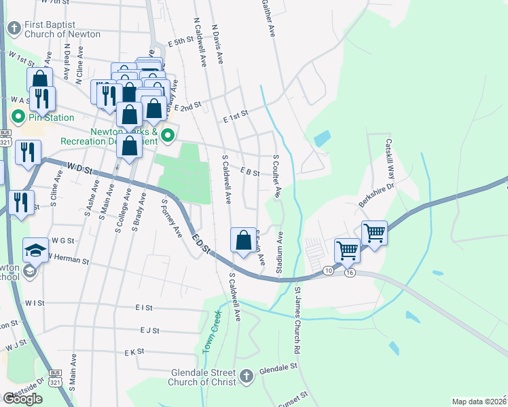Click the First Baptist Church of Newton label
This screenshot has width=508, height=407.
62,30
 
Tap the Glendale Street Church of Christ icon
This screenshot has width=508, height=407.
247,374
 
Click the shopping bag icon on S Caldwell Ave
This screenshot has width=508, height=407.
243,240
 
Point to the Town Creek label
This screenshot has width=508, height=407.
211,331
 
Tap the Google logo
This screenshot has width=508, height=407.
22,399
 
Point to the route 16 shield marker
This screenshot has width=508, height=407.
350,272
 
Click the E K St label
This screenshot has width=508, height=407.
134,352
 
